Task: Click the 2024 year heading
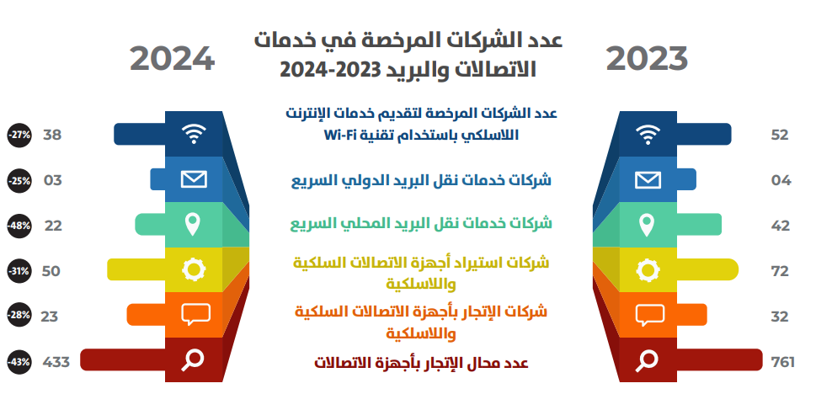click(x=173, y=59)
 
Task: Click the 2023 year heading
click(x=647, y=59)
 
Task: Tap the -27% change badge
click(x=19, y=136)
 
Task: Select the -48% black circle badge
click(x=19, y=226)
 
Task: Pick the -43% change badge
click(x=19, y=362)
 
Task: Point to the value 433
click(x=56, y=362)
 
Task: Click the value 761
click(x=782, y=362)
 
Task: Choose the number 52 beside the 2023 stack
click(x=780, y=136)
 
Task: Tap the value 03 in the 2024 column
click(x=52, y=180)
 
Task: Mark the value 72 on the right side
click(x=780, y=271)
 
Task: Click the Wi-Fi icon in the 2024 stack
click(x=194, y=134)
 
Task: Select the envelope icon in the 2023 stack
click(x=648, y=180)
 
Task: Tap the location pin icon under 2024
click(x=193, y=224)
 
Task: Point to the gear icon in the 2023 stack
click(x=648, y=270)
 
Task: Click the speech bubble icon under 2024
click(x=195, y=315)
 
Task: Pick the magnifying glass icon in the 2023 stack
click(x=647, y=360)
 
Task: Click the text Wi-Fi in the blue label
click(x=341, y=136)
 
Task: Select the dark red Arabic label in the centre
click(x=421, y=363)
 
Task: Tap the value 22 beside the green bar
click(x=53, y=226)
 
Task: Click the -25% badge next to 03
click(x=19, y=180)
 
